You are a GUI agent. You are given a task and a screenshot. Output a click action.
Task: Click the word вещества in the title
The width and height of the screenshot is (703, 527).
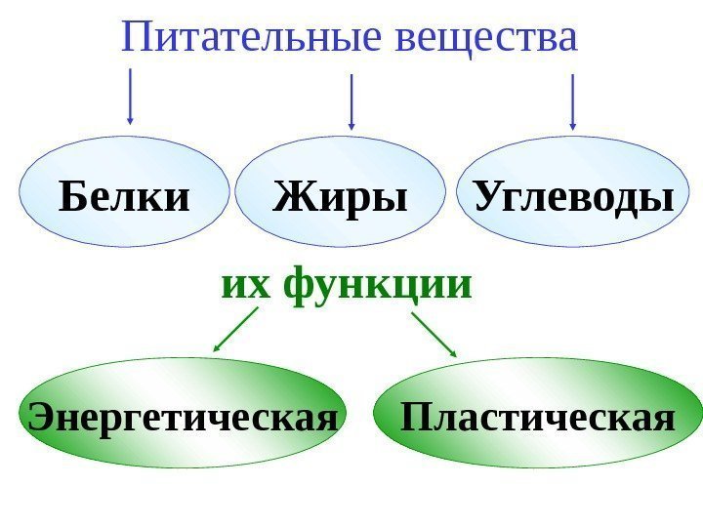489,38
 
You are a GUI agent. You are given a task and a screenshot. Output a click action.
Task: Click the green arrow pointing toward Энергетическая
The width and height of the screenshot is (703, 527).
234,330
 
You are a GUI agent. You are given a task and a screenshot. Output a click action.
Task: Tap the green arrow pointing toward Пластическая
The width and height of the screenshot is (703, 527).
434,334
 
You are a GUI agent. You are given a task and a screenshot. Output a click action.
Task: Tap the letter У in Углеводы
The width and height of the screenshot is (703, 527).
488,198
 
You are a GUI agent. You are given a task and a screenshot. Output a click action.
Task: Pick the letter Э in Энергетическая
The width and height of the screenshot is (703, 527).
40,418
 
